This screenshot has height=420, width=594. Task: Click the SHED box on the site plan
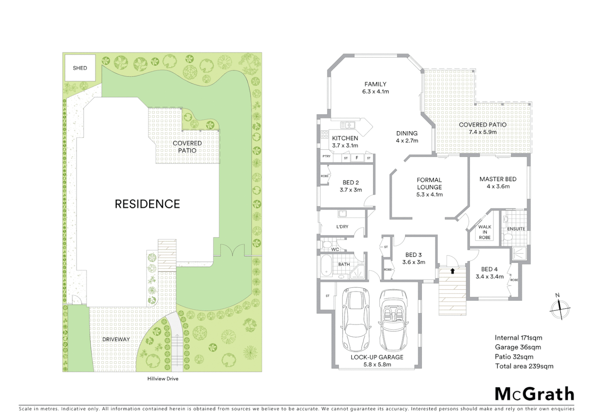coord(80,68)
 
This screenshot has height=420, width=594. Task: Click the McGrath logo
coord(534,394)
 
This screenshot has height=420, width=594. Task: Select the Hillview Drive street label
coord(162,378)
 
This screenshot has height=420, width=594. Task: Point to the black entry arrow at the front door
coord(452,271)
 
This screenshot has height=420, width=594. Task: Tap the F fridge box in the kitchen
coord(357,158)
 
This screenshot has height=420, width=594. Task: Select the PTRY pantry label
coord(327,156)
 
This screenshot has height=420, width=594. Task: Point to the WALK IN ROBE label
coord(484,232)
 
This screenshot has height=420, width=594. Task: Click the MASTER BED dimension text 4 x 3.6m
coord(498,186)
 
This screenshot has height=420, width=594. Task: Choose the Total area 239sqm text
coord(524,366)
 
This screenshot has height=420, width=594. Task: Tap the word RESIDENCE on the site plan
coord(147,204)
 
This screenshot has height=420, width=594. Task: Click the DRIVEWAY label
coord(116,339)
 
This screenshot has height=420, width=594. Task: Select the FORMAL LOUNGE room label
coord(429,184)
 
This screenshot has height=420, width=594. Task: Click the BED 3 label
coord(413,255)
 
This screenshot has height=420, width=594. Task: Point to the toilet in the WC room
coord(325,245)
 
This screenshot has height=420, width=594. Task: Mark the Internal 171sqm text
coord(518,338)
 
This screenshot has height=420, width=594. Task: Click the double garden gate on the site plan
coord(232,250)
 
